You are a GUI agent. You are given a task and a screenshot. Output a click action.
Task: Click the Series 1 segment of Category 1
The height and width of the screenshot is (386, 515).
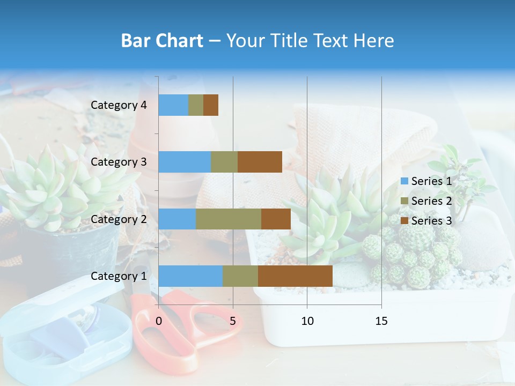click(x=190, y=276)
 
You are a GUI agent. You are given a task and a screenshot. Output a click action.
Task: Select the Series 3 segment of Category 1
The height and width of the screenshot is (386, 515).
click(x=295, y=276)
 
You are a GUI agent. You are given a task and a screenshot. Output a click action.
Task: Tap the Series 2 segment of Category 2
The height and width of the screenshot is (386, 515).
click(x=229, y=219)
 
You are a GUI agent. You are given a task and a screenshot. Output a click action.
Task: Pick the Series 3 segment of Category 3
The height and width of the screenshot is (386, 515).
click(x=260, y=162)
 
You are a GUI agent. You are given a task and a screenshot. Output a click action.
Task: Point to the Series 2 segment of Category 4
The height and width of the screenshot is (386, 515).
click(x=196, y=105)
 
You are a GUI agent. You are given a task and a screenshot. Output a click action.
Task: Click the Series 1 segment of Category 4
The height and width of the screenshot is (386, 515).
click(x=173, y=105)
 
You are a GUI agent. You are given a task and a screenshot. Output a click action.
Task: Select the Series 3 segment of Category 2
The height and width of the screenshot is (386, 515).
click(x=276, y=219)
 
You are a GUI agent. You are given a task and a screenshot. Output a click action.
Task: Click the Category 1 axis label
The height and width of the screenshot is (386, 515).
click(x=119, y=276)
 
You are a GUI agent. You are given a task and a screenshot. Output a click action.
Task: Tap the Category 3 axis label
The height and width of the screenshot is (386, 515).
click(x=119, y=162)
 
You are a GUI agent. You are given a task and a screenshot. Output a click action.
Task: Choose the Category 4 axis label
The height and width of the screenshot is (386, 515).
click(x=119, y=105)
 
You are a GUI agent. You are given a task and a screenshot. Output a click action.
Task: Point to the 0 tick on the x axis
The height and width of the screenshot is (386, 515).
click(x=159, y=321)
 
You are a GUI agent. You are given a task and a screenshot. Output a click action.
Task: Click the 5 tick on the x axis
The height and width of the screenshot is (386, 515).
click(x=233, y=321)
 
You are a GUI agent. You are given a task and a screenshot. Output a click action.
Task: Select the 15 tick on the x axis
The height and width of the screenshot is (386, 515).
click(x=381, y=321)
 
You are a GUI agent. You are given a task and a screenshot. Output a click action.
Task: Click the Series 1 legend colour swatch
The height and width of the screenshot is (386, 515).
click(x=404, y=181)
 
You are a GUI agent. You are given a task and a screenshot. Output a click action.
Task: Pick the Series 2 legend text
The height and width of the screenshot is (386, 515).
click(x=431, y=201)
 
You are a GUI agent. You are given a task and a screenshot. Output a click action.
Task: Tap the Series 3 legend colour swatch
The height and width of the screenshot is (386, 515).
click(x=404, y=221)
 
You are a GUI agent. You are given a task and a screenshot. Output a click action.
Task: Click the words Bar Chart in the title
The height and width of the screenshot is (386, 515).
click(x=162, y=41)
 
